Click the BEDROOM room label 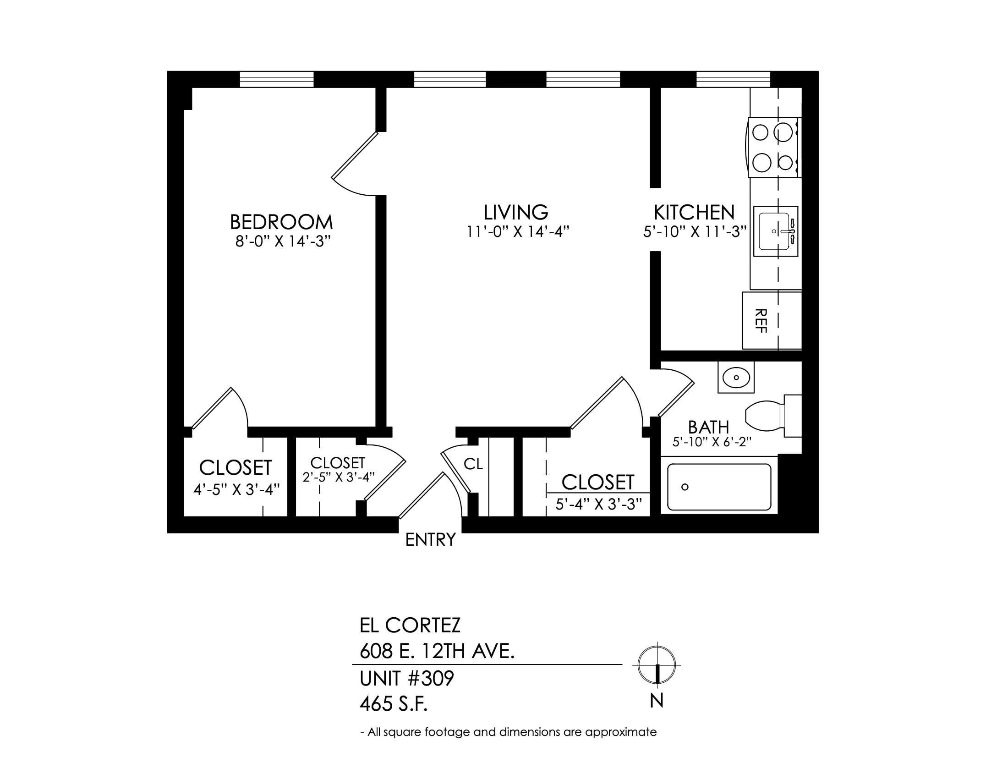281,222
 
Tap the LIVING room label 516,212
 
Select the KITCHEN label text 694,212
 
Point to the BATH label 708,428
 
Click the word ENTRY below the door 430,539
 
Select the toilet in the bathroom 773,416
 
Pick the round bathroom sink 736,378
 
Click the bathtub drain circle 685,487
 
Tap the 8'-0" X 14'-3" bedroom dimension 284,242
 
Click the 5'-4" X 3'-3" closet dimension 599,505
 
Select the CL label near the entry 473,464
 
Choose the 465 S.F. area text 393,705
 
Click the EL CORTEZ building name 410,625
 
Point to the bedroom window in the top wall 276,79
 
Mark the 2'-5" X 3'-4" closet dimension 338,477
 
